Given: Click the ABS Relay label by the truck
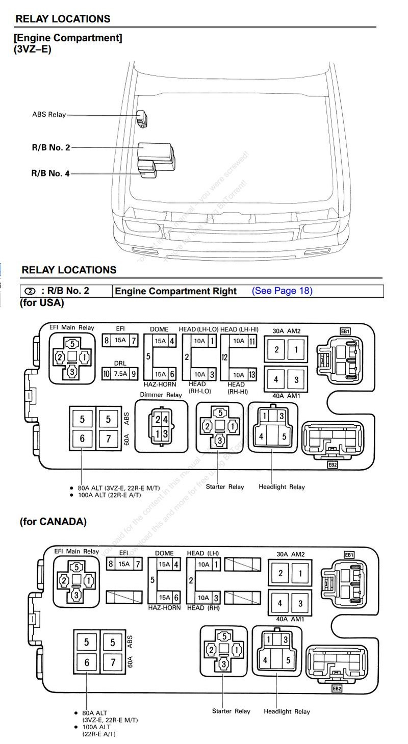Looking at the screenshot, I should [x=49, y=115].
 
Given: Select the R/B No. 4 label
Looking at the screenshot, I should [x=50, y=173].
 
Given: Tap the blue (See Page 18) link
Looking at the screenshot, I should [x=282, y=291].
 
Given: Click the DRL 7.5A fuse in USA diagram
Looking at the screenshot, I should [x=120, y=374].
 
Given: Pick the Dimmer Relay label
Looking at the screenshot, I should [x=161, y=395].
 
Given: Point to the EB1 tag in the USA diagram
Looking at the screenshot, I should [x=345, y=331].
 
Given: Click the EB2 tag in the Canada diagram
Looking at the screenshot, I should [x=337, y=688].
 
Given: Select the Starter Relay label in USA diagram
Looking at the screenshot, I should [x=225, y=486].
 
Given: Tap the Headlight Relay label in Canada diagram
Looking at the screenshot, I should [x=287, y=711].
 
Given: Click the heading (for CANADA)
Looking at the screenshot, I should [x=53, y=522].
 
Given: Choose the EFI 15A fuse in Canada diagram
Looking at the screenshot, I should [x=124, y=564].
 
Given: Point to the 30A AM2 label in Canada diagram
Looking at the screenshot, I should [x=291, y=553].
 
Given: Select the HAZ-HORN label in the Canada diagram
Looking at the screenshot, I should [x=164, y=608].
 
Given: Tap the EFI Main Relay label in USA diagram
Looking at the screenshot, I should [x=71, y=328].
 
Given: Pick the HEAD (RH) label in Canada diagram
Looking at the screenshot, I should [x=203, y=608].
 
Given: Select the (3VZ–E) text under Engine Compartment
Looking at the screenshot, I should [x=33, y=49].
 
